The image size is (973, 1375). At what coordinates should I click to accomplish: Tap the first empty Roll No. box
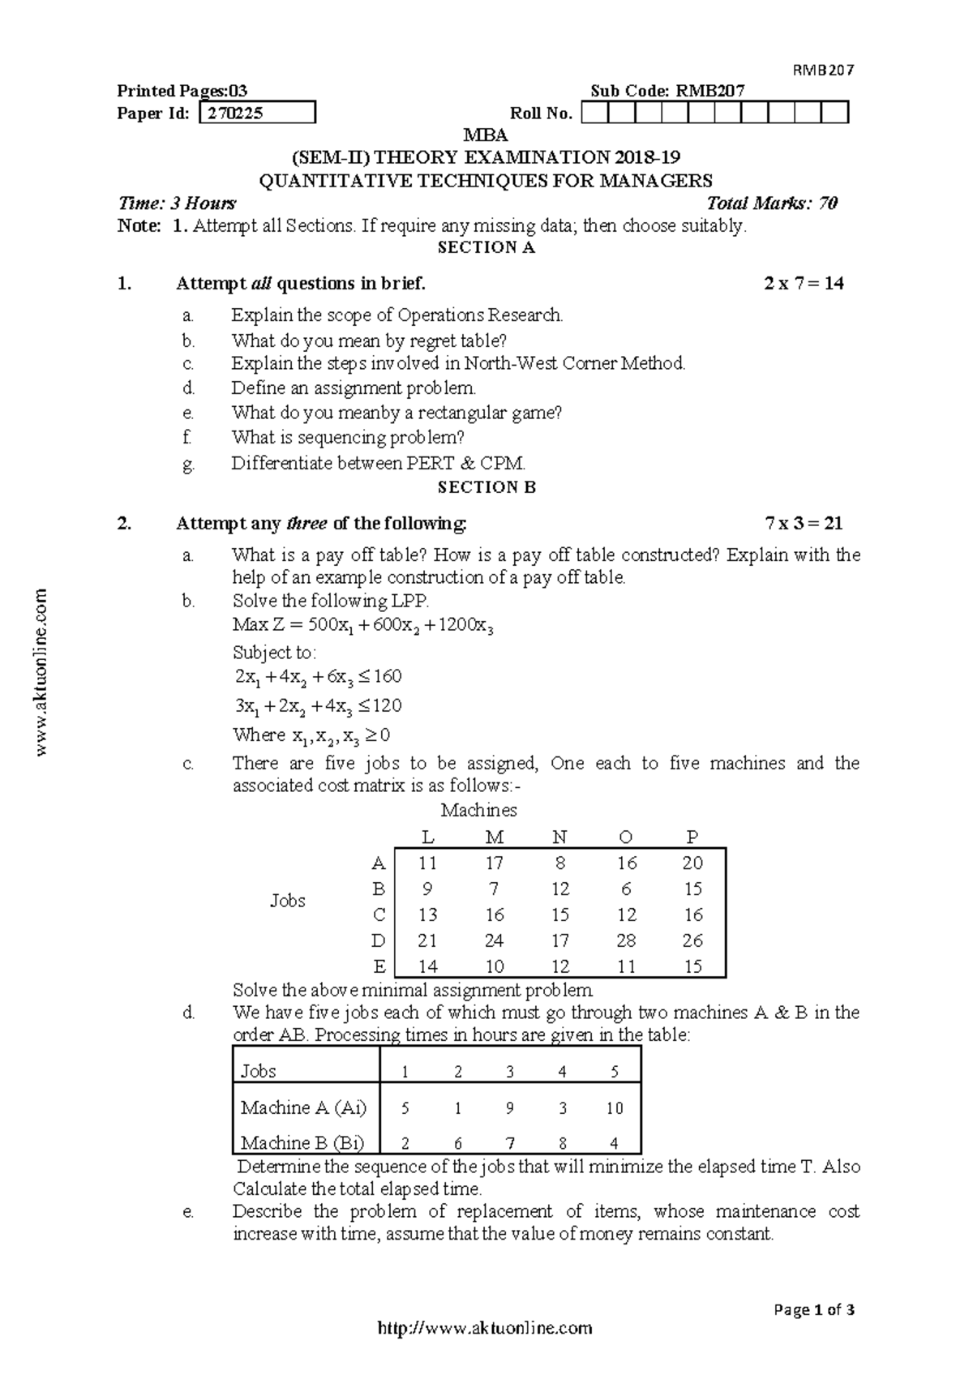(x=594, y=113)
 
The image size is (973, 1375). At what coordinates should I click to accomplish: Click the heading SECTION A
(x=486, y=248)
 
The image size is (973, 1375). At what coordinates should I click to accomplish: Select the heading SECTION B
(x=486, y=487)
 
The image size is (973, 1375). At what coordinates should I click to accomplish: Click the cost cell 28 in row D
(x=626, y=940)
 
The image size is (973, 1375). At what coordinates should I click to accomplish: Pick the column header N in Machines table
(x=559, y=837)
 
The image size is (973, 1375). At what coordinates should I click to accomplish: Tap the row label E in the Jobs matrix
(x=379, y=966)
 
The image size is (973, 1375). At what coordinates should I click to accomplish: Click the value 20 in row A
(x=692, y=863)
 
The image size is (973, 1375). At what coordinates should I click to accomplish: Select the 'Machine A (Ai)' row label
(x=303, y=1107)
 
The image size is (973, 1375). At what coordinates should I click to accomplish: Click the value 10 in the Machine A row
(x=614, y=1108)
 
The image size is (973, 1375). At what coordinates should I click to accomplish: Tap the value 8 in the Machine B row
(x=562, y=1144)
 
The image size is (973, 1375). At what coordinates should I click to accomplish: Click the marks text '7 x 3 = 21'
(x=804, y=524)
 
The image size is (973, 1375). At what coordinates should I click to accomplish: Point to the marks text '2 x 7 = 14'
(x=804, y=284)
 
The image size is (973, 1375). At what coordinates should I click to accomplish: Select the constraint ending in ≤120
(x=318, y=705)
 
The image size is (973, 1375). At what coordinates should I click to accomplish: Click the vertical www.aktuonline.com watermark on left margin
(x=43, y=673)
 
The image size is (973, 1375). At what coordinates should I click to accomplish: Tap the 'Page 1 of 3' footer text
(x=814, y=1310)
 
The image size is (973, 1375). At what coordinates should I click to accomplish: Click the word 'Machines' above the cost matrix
(x=478, y=811)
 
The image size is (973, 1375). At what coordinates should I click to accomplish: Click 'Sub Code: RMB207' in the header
(x=667, y=91)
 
